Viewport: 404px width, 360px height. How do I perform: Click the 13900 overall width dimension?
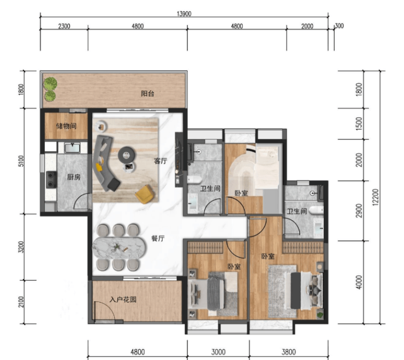184,14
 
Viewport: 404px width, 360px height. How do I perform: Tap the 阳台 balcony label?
147,93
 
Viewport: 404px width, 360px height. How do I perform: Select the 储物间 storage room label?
66,126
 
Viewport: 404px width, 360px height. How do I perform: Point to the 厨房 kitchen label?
74,177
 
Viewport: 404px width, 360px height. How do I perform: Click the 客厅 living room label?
161,161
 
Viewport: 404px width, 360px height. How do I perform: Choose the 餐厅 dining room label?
158,238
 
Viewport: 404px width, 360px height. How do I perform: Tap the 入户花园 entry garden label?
123,299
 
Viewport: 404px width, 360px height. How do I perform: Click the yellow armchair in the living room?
145,194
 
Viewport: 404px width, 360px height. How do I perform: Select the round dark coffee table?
126,155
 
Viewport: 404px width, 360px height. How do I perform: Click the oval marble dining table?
119,247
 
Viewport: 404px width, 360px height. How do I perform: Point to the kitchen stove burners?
51,180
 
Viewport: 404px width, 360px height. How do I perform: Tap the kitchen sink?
72,147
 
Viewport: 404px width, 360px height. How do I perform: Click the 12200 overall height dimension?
376,197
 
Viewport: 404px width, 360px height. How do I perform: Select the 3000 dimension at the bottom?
218,352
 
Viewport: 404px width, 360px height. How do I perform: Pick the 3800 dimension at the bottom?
289,352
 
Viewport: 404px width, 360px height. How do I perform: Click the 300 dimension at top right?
340,26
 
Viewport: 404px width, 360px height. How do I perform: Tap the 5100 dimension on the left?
21,161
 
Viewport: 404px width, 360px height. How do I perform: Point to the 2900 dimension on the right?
359,211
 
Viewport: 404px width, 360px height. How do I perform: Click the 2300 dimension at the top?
64,26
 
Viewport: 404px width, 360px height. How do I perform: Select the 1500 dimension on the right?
359,123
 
